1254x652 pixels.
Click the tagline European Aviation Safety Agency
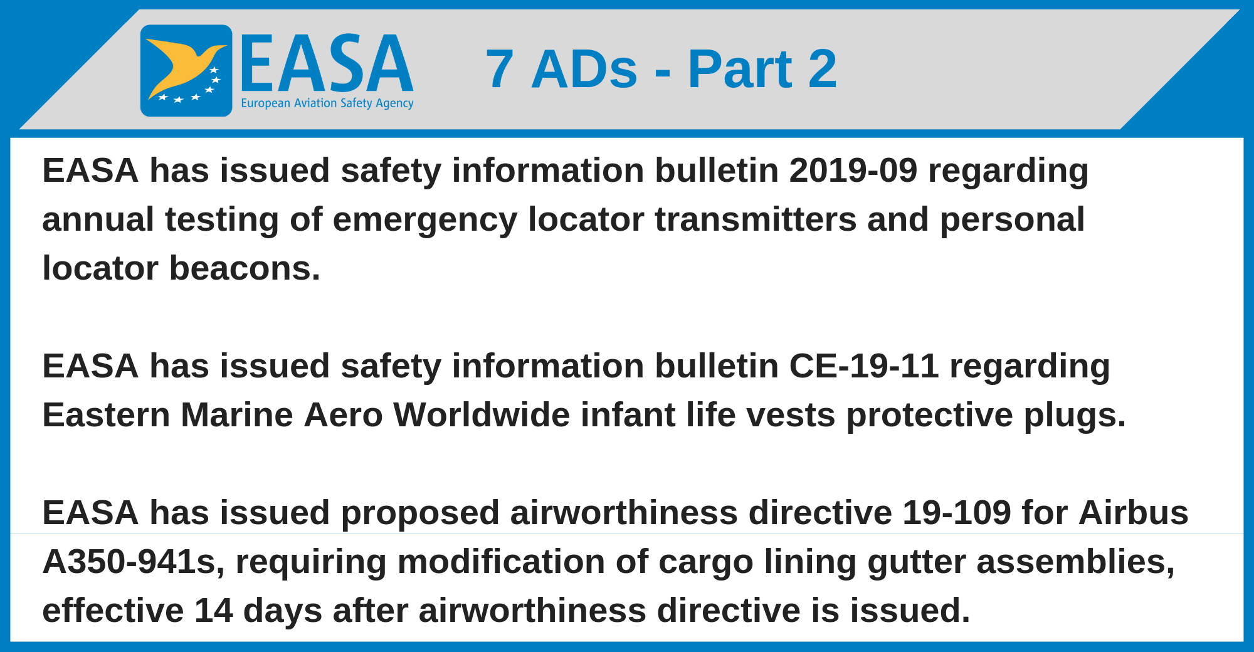pos(327,103)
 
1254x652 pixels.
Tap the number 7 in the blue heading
pos(500,69)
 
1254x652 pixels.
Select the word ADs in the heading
pos(584,69)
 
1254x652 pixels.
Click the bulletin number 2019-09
pos(853,171)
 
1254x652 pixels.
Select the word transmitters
pos(756,219)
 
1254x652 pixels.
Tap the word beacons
pos(245,268)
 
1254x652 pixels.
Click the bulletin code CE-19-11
pos(864,366)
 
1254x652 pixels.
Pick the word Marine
pos(237,415)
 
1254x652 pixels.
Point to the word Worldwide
pos(482,415)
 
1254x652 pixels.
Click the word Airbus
pos(1134,513)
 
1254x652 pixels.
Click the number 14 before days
pos(213,611)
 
